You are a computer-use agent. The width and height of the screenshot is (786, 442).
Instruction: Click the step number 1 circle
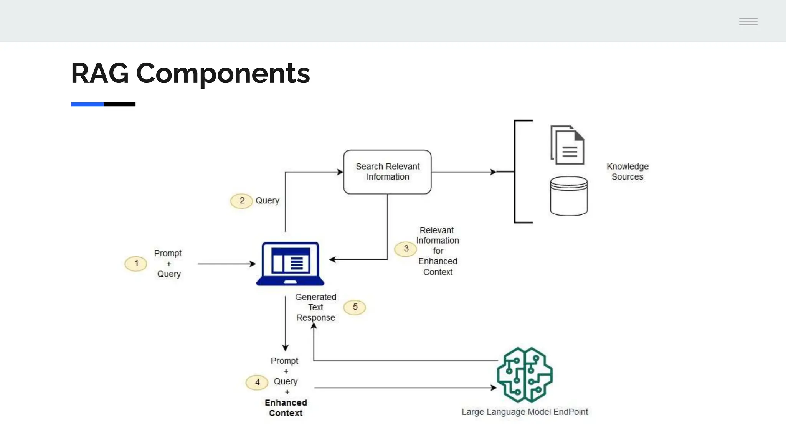136,264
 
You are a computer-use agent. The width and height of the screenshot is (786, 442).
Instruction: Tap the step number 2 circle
241,201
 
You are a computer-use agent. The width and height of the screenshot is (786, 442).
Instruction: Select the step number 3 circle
406,249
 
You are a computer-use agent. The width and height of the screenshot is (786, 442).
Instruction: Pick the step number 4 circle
257,382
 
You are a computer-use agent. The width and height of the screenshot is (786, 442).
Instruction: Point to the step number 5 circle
355,307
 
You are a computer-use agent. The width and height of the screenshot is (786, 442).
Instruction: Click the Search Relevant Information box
387,172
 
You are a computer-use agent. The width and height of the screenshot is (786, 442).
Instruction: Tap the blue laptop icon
290,264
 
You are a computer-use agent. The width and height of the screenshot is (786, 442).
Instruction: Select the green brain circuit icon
524,375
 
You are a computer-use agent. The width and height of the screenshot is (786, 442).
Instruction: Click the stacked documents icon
568,145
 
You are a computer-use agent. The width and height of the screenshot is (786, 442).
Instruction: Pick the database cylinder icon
568,196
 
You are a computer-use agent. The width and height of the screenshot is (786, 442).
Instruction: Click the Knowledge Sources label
627,172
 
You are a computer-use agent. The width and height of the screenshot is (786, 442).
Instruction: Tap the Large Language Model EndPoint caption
524,412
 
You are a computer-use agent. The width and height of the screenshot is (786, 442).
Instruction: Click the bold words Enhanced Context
286,408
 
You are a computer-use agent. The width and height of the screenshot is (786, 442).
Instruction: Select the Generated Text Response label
315,307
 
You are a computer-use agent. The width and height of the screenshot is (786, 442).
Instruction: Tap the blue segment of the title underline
87,104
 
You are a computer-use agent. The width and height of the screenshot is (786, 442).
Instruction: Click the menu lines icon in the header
748,21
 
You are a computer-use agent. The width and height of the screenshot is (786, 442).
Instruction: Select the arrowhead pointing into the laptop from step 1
253,264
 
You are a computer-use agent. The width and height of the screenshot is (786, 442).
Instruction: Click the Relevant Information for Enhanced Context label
438,251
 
